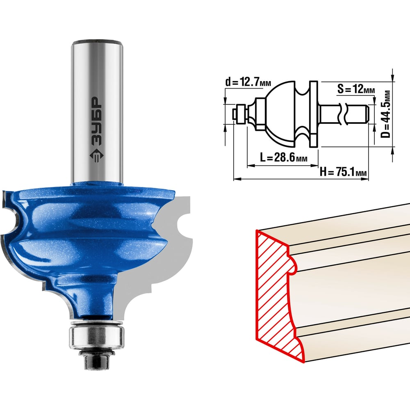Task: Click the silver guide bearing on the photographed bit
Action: click(96, 337)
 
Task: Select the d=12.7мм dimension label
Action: click(248, 82)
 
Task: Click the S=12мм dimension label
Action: click(355, 89)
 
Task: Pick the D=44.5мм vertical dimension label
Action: click(386, 114)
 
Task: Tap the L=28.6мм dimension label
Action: click(283, 157)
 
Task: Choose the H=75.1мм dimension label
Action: click(343, 172)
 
